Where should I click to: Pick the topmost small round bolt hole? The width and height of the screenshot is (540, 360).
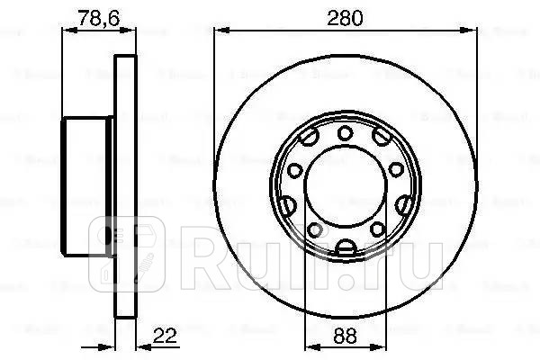point(346,134)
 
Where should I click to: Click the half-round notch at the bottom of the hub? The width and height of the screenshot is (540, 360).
point(346,248)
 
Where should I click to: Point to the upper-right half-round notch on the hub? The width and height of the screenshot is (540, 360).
point(383,138)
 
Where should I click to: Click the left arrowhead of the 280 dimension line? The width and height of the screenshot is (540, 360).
point(220,33)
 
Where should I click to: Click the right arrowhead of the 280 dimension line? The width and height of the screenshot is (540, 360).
point(473,33)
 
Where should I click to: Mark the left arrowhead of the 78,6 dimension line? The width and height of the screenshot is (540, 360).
point(65,33)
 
